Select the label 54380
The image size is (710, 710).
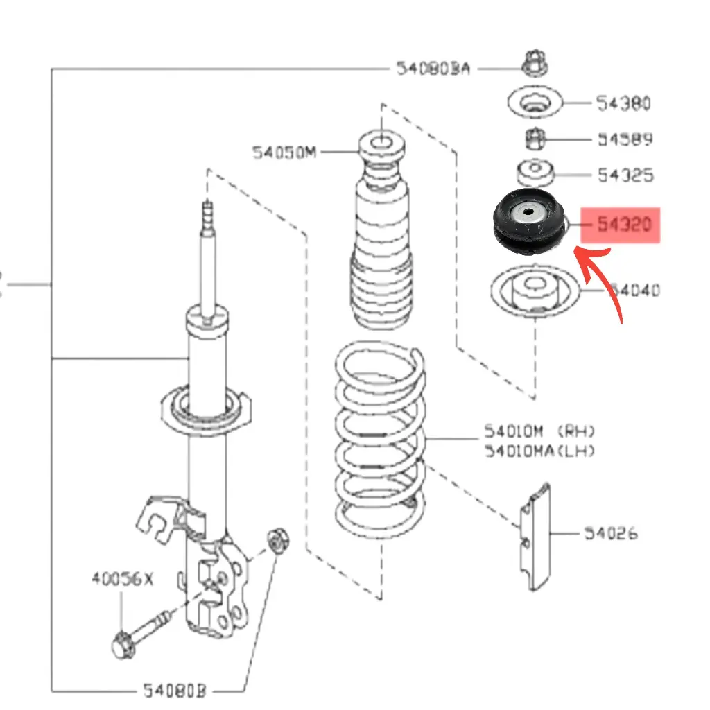(x=623, y=103)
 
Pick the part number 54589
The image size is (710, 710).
(x=625, y=139)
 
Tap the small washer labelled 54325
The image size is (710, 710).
(x=535, y=170)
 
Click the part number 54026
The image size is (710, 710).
(x=610, y=533)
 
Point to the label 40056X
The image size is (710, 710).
(x=122, y=578)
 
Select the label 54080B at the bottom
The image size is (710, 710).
(x=175, y=691)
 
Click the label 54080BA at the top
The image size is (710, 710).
(x=433, y=68)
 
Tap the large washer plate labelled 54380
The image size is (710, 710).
(x=533, y=104)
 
